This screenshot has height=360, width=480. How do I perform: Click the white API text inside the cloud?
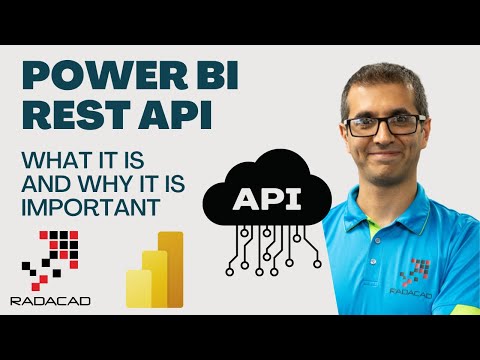266,199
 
